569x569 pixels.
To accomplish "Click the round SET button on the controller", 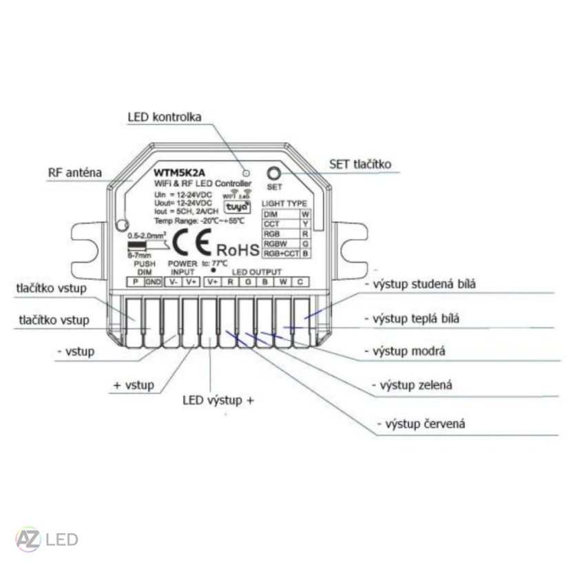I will (x=273, y=174).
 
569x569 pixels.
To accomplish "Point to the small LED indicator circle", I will (x=245, y=169).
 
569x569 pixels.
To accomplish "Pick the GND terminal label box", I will (x=153, y=281).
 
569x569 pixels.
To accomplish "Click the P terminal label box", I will (x=136, y=281).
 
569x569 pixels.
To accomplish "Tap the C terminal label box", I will (x=300, y=281).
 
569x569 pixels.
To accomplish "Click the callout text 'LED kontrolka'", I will (x=164, y=116).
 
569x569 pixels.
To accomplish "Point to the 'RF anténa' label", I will (x=75, y=172).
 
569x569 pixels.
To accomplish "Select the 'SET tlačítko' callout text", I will (x=361, y=164).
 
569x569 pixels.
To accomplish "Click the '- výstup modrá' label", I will (x=408, y=351).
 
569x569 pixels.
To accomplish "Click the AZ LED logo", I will (x=47, y=539).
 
